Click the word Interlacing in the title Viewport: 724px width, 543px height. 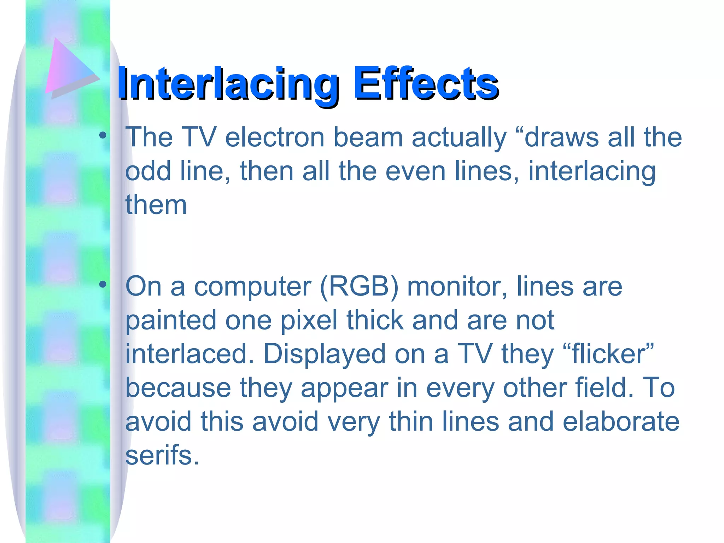click(228, 83)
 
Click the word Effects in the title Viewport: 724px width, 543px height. click(426, 83)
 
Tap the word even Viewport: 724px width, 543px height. click(415, 171)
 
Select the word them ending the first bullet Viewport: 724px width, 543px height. click(156, 205)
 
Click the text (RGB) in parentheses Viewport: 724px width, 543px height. click(359, 286)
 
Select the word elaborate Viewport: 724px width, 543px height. click(621, 422)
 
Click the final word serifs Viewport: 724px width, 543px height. click(162, 455)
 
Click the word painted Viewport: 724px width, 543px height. click(171, 320)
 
